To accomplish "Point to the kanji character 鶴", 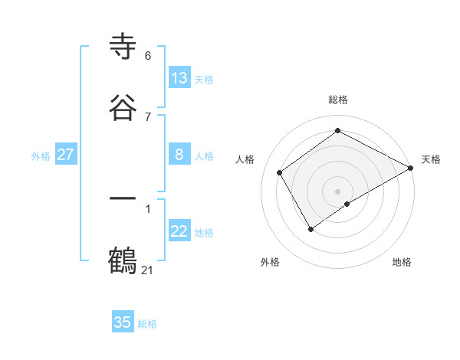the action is tap(123, 260).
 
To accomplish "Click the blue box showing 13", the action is tap(179, 78).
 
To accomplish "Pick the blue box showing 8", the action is tap(179, 155).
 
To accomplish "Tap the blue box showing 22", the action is tap(179, 231).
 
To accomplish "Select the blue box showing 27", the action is tap(65, 155).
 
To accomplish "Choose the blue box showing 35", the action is tap(123, 322).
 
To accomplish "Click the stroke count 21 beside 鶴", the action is tap(148, 270).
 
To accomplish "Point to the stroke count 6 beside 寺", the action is tap(148, 56).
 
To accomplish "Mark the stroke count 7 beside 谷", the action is tap(148, 116).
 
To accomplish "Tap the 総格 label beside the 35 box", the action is tap(147, 324).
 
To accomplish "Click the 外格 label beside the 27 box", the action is tap(41, 155).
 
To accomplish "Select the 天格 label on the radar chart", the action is tap(431, 159).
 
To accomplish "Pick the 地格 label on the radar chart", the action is tap(402, 263).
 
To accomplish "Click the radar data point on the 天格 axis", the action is tap(411, 168).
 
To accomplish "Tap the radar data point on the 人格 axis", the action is tap(280, 172).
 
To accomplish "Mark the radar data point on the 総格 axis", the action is tap(337, 131).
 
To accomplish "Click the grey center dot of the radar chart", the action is tap(337, 191).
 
